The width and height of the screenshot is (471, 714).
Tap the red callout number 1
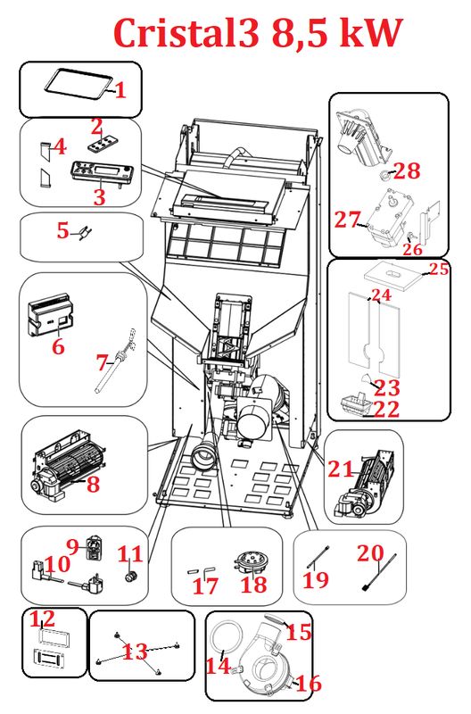120,90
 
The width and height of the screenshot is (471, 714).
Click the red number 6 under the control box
58,347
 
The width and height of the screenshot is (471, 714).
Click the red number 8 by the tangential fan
94,484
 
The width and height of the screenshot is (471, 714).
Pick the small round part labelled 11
131,577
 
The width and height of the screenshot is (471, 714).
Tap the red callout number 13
136,652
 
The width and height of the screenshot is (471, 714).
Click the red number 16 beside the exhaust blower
309,684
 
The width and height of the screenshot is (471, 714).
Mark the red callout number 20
370,553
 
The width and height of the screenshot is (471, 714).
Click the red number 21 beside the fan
341,469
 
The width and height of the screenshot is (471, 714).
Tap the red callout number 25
439,269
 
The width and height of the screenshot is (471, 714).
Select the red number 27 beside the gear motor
348,220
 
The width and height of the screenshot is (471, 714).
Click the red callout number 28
407,171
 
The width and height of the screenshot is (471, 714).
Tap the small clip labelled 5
84,233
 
